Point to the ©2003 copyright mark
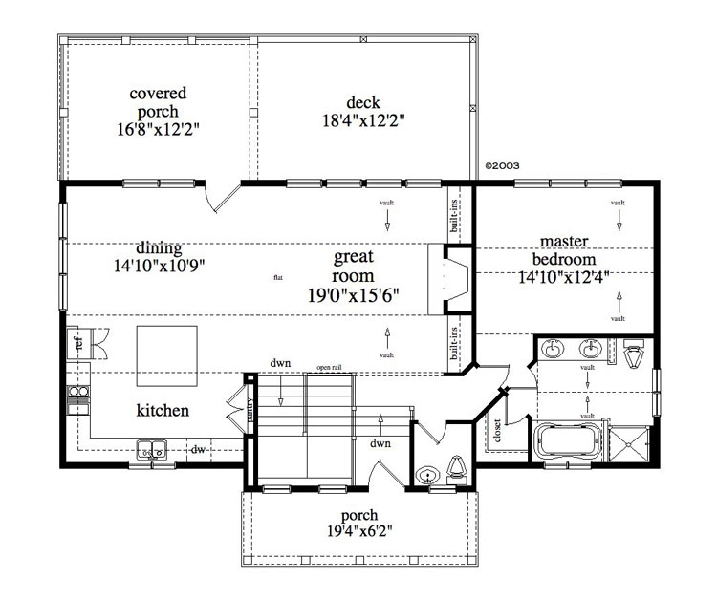pos(502,164)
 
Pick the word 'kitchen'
pos(163,411)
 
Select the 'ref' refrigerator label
pos(73,342)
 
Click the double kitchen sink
pos(150,447)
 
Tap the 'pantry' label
pos(250,410)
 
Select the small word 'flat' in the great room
pos(277,278)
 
